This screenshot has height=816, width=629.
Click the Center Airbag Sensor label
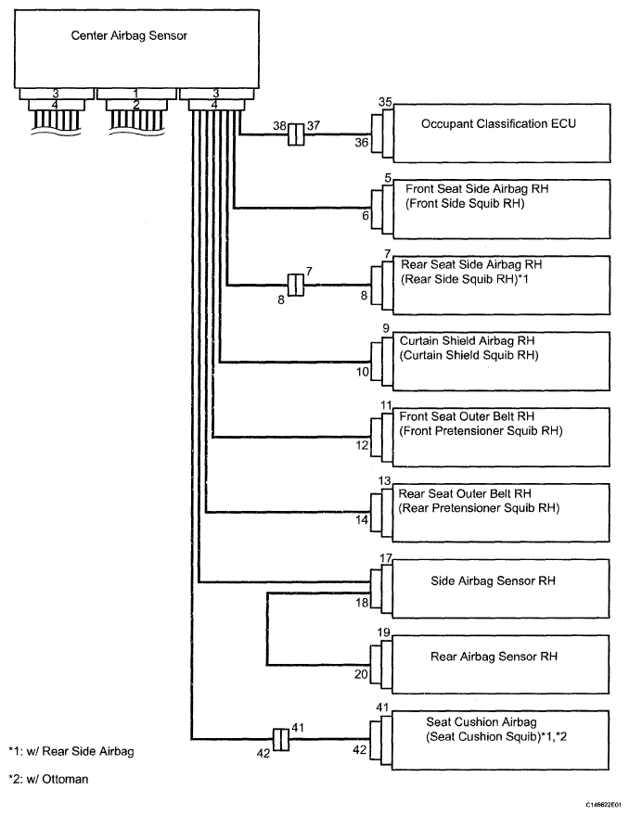click(x=129, y=35)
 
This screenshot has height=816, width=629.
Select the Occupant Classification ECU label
click(x=498, y=124)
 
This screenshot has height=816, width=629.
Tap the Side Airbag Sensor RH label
click(x=494, y=580)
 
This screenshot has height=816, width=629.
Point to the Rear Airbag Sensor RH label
click(x=494, y=657)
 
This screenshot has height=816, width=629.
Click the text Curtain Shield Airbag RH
click(x=467, y=341)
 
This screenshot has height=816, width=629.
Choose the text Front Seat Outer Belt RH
click(x=467, y=416)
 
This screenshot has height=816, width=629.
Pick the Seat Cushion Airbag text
click(x=481, y=721)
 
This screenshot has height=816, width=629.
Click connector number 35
click(x=385, y=102)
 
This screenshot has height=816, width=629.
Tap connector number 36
click(x=362, y=142)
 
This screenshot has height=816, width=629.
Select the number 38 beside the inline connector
click(x=279, y=126)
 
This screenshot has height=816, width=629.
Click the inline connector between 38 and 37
click(x=296, y=134)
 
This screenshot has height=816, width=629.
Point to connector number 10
click(x=363, y=372)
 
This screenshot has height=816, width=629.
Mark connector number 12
click(x=363, y=445)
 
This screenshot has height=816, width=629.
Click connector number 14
click(x=363, y=520)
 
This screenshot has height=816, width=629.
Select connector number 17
click(x=385, y=558)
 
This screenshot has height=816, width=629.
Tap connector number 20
click(x=362, y=674)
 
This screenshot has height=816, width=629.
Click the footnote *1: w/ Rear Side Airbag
click(x=71, y=751)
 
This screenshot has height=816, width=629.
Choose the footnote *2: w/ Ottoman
click(x=48, y=780)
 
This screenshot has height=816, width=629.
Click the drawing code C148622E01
click(x=603, y=805)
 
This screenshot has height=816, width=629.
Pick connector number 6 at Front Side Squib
click(x=366, y=215)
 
